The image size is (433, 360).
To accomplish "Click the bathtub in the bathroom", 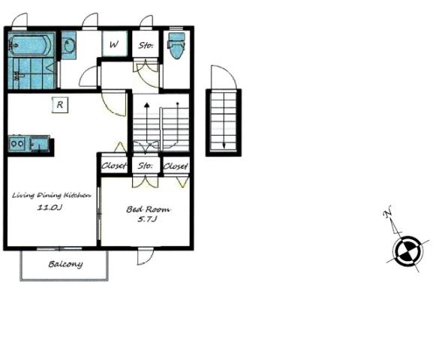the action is click(x=30, y=44).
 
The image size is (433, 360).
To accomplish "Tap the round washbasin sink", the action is click(x=68, y=45).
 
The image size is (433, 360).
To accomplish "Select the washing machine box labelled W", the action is click(x=114, y=43).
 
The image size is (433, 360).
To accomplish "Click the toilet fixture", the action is click(x=176, y=46).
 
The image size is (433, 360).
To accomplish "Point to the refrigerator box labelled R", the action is click(x=60, y=105).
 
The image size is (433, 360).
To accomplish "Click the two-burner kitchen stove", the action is click(x=17, y=143).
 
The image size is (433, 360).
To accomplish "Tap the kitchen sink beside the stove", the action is click(x=39, y=143).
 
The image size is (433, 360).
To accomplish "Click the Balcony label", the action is click(x=65, y=264).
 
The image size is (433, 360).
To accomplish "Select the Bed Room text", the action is click(x=148, y=209).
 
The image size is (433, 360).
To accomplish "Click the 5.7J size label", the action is click(x=148, y=219).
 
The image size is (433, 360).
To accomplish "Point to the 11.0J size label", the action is click(x=50, y=207).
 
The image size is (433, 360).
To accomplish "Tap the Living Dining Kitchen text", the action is click(x=51, y=196).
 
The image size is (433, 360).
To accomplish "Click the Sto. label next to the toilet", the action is click(x=146, y=45).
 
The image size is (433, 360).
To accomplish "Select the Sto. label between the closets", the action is click(x=146, y=166).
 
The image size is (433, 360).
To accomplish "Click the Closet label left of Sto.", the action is click(x=114, y=166).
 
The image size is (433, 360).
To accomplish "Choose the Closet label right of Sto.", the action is click(x=176, y=166).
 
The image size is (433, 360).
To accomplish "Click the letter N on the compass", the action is click(x=388, y=211).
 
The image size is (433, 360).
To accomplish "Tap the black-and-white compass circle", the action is click(x=407, y=250).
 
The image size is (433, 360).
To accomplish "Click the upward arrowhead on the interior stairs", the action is click(x=147, y=105).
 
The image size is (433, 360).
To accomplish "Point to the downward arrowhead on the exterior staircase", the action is click(x=224, y=145).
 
